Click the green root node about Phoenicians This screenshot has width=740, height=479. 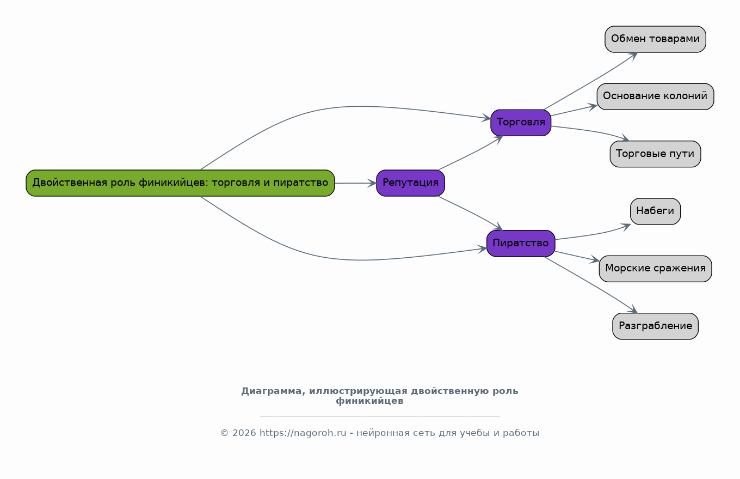(x=180, y=183)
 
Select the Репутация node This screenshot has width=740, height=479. (x=410, y=183)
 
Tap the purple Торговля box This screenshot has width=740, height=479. (x=521, y=123)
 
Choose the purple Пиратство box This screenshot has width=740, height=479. (x=521, y=243)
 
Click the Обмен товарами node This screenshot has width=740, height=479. (x=655, y=39)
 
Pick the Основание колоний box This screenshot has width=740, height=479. (x=655, y=96)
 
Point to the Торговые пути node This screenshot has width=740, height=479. (x=655, y=154)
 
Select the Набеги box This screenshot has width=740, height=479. (x=655, y=211)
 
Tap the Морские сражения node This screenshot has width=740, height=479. (x=655, y=269)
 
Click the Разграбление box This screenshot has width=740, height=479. (x=655, y=326)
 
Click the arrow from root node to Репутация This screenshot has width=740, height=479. (x=355, y=183)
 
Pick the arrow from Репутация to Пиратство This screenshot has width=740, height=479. (x=471, y=213)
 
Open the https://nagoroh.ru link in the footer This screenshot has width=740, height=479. (x=303, y=433)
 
